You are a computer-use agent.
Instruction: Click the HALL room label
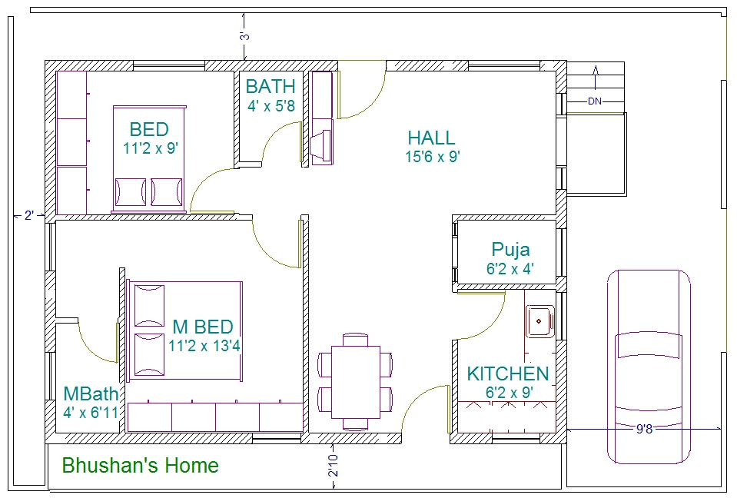pyautogui.click(x=431, y=138)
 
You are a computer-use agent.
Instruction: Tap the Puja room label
pyautogui.click(x=510, y=250)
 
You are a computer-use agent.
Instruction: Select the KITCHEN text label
pyautogui.click(x=508, y=374)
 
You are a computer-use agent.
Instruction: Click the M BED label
pyautogui.click(x=202, y=327)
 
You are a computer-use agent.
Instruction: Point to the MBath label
pyautogui.click(x=91, y=394)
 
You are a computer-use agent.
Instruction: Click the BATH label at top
pyautogui.click(x=271, y=86)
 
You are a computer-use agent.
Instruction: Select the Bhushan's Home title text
pyautogui.click(x=140, y=466)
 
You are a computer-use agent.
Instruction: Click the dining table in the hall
pyautogui.click(x=355, y=380)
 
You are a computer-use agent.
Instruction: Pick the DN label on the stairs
pyautogui.click(x=595, y=101)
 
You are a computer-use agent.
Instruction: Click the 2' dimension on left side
pyautogui.click(x=29, y=216)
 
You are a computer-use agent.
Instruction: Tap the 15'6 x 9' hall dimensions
pyautogui.click(x=432, y=157)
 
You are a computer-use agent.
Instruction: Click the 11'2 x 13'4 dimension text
pyautogui.click(x=204, y=346)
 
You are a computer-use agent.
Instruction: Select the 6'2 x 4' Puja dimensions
pyautogui.click(x=510, y=269)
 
